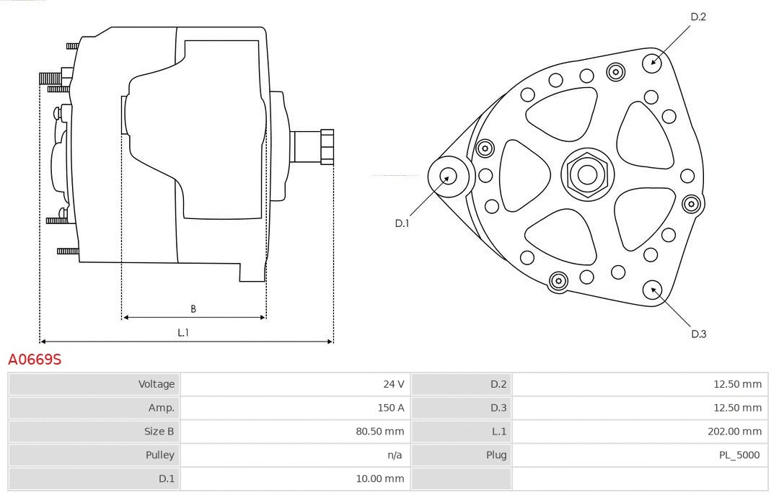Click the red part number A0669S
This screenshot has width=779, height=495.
point(35,359)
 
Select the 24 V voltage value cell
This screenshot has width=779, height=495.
point(393,384)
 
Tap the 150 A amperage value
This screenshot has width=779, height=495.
point(390,408)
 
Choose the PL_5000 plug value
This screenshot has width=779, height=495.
point(739,455)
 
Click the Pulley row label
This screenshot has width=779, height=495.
point(159,455)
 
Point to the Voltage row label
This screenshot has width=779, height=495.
point(157,384)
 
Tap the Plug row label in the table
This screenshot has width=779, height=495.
point(496,455)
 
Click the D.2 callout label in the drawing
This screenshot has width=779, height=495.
point(697,17)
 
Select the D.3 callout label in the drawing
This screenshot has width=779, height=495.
point(697,334)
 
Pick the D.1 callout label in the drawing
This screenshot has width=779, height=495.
point(402,223)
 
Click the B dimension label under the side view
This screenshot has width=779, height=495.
point(193,309)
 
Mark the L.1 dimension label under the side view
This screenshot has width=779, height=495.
point(183,332)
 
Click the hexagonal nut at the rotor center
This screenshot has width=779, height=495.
point(587,174)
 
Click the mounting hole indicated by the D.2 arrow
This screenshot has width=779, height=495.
point(653,61)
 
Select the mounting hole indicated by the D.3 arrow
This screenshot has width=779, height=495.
point(653,290)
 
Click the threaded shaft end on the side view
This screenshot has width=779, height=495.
point(325,146)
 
